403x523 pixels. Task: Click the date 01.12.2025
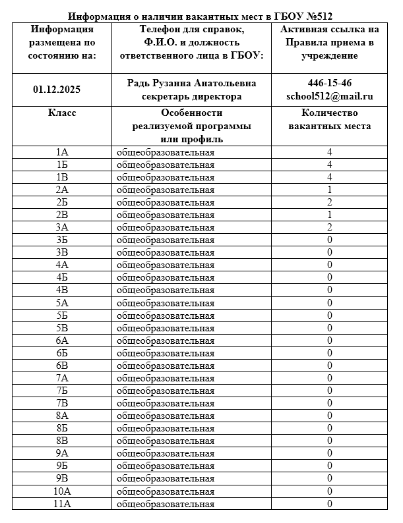(x=62, y=90)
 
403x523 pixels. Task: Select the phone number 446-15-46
(x=330, y=83)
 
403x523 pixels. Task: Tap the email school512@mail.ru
(x=330, y=96)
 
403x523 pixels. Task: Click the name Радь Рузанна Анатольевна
(x=191, y=83)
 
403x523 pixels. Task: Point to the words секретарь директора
(x=191, y=96)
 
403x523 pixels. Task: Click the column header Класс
(x=62, y=113)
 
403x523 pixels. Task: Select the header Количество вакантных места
(x=330, y=119)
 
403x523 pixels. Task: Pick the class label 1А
(x=62, y=152)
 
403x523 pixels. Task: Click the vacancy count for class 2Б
(x=329, y=202)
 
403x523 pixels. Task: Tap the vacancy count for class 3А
(x=329, y=227)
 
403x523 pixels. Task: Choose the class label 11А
(x=62, y=504)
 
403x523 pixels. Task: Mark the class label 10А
(x=62, y=491)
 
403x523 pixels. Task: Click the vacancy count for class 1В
(x=329, y=177)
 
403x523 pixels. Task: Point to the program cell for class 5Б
(x=166, y=316)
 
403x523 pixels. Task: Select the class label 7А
(x=62, y=378)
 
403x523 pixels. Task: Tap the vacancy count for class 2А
(x=329, y=190)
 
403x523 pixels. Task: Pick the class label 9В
(x=62, y=479)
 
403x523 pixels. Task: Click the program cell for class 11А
(x=166, y=504)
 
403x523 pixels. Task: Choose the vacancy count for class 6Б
(x=329, y=353)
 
